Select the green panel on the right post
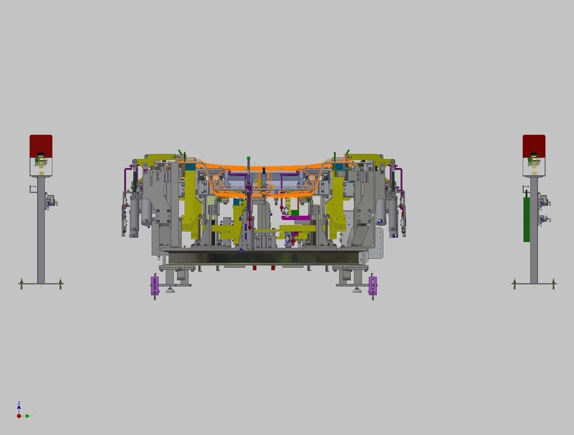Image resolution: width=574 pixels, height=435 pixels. pos(526,219)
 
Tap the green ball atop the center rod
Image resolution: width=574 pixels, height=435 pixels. pos(249,158)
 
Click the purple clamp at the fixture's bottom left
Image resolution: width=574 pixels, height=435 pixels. pos(155,286)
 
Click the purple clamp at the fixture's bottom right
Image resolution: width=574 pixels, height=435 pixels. pos(373,286)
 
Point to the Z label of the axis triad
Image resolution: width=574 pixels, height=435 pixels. pos(19,402)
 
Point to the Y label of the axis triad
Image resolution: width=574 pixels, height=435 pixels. pos(32,416)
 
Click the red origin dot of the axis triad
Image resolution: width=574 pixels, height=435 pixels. pos(19,416)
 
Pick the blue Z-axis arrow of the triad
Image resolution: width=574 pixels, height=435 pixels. pos(19,408)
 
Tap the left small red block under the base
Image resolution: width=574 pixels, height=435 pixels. pos(254,268)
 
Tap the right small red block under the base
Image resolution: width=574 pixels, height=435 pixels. pos(273,268)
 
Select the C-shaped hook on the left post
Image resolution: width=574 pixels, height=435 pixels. pos(32,188)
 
